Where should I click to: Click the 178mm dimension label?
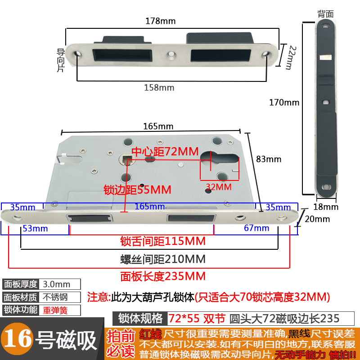click(x=161, y=21)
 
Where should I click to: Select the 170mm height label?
click(x=284, y=102)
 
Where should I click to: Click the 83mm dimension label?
click(x=268, y=159)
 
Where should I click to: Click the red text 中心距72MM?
click(x=165, y=152)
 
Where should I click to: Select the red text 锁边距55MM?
click(x=137, y=189)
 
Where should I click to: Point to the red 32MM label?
click(x=218, y=186)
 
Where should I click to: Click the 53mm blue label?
click(x=35, y=228)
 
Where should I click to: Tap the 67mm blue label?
click(x=256, y=228)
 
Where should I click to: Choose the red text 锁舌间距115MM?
click(x=162, y=241)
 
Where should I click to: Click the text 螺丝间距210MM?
click(x=162, y=259)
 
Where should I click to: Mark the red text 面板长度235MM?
click(x=162, y=276)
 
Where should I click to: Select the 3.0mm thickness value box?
click(x=60, y=284)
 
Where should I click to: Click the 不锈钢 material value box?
click(x=60, y=297)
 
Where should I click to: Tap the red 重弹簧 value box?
click(x=60, y=310)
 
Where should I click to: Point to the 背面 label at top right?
click(x=325, y=14)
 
